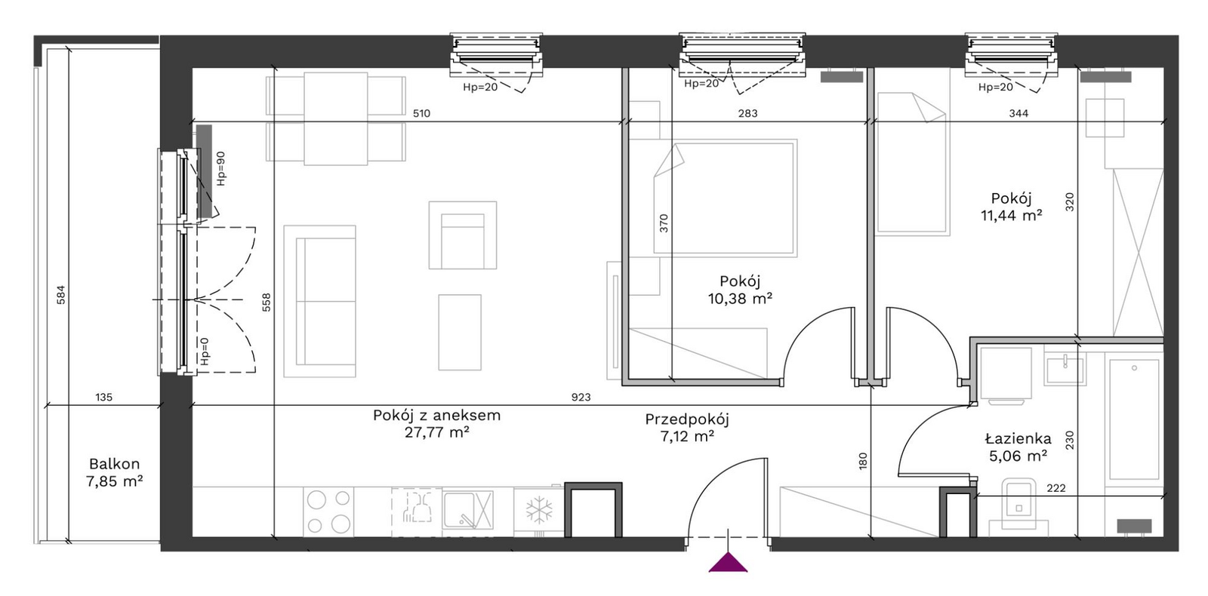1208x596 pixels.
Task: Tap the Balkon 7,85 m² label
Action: click(x=114, y=472)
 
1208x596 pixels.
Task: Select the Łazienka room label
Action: click(x=1018, y=438)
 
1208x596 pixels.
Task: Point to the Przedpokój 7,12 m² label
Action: click(x=687, y=427)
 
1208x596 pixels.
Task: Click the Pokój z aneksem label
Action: click(x=437, y=415)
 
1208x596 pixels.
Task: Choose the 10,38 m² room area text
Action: click(x=740, y=298)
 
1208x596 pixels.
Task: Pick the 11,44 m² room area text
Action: click(x=1011, y=215)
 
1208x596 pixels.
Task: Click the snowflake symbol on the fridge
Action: click(x=539, y=510)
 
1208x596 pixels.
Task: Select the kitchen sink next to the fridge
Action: click(x=467, y=510)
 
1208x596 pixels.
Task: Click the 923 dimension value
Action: click(x=581, y=397)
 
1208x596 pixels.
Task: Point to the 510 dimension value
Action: click(x=422, y=113)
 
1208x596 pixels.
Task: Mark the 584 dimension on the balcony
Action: click(x=61, y=295)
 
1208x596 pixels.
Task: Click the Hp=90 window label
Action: click(x=220, y=169)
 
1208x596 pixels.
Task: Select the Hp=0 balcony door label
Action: click(x=205, y=352)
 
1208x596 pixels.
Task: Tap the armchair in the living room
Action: click(x=463, y=235)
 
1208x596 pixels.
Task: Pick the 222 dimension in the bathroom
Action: click(x=1056, y=487)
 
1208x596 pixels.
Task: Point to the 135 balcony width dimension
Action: click(x=103, y=397)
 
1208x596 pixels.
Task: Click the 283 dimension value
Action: click(x=747, y=113)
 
